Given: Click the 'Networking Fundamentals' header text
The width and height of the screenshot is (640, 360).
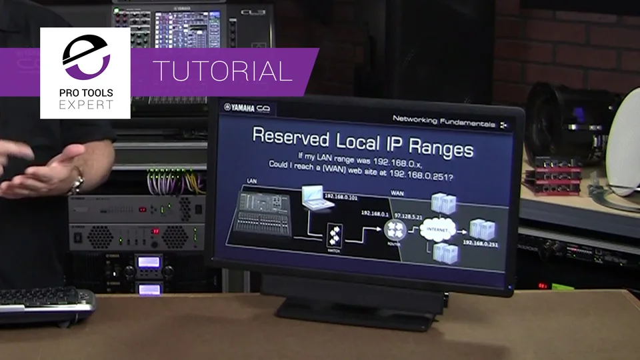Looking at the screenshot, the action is coord(443,123).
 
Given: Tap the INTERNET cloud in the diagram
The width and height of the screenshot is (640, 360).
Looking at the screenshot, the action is coord(436,231).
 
